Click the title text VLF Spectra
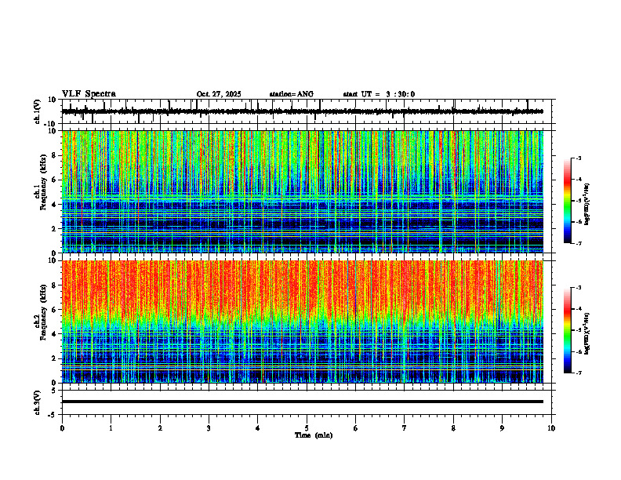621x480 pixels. tap(89, 94)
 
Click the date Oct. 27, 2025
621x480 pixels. tap(219, 94)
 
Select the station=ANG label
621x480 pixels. tap(291, 94)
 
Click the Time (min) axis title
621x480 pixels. tap(313, 435)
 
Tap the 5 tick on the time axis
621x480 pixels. tap(307, 427)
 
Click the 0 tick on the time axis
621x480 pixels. tap(62, 427)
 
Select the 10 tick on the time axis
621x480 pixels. tap(551, 427)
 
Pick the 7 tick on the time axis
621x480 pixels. tap(405, 427)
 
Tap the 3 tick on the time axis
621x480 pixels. tap(209, 427)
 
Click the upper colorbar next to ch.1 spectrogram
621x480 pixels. tap(574, 201)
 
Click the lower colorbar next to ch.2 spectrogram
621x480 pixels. tap(574, 330)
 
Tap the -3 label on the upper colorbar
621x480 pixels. tap(583, 158)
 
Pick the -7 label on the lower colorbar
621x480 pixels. tap(583, 373)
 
